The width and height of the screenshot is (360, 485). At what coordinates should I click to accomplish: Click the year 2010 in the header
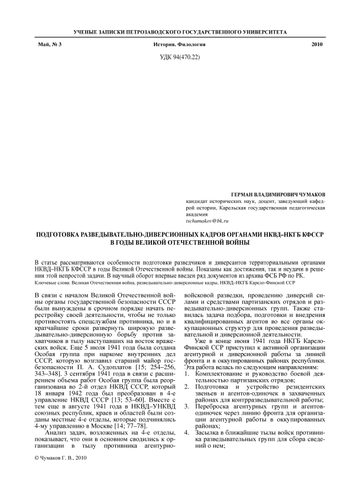pyautogui.click(x=317, y=45)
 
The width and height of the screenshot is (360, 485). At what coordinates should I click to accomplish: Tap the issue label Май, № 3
pyautogui.click(x=49, y=45)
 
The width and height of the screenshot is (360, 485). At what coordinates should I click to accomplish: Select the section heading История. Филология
pyautogui.click(x=180, y=45)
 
